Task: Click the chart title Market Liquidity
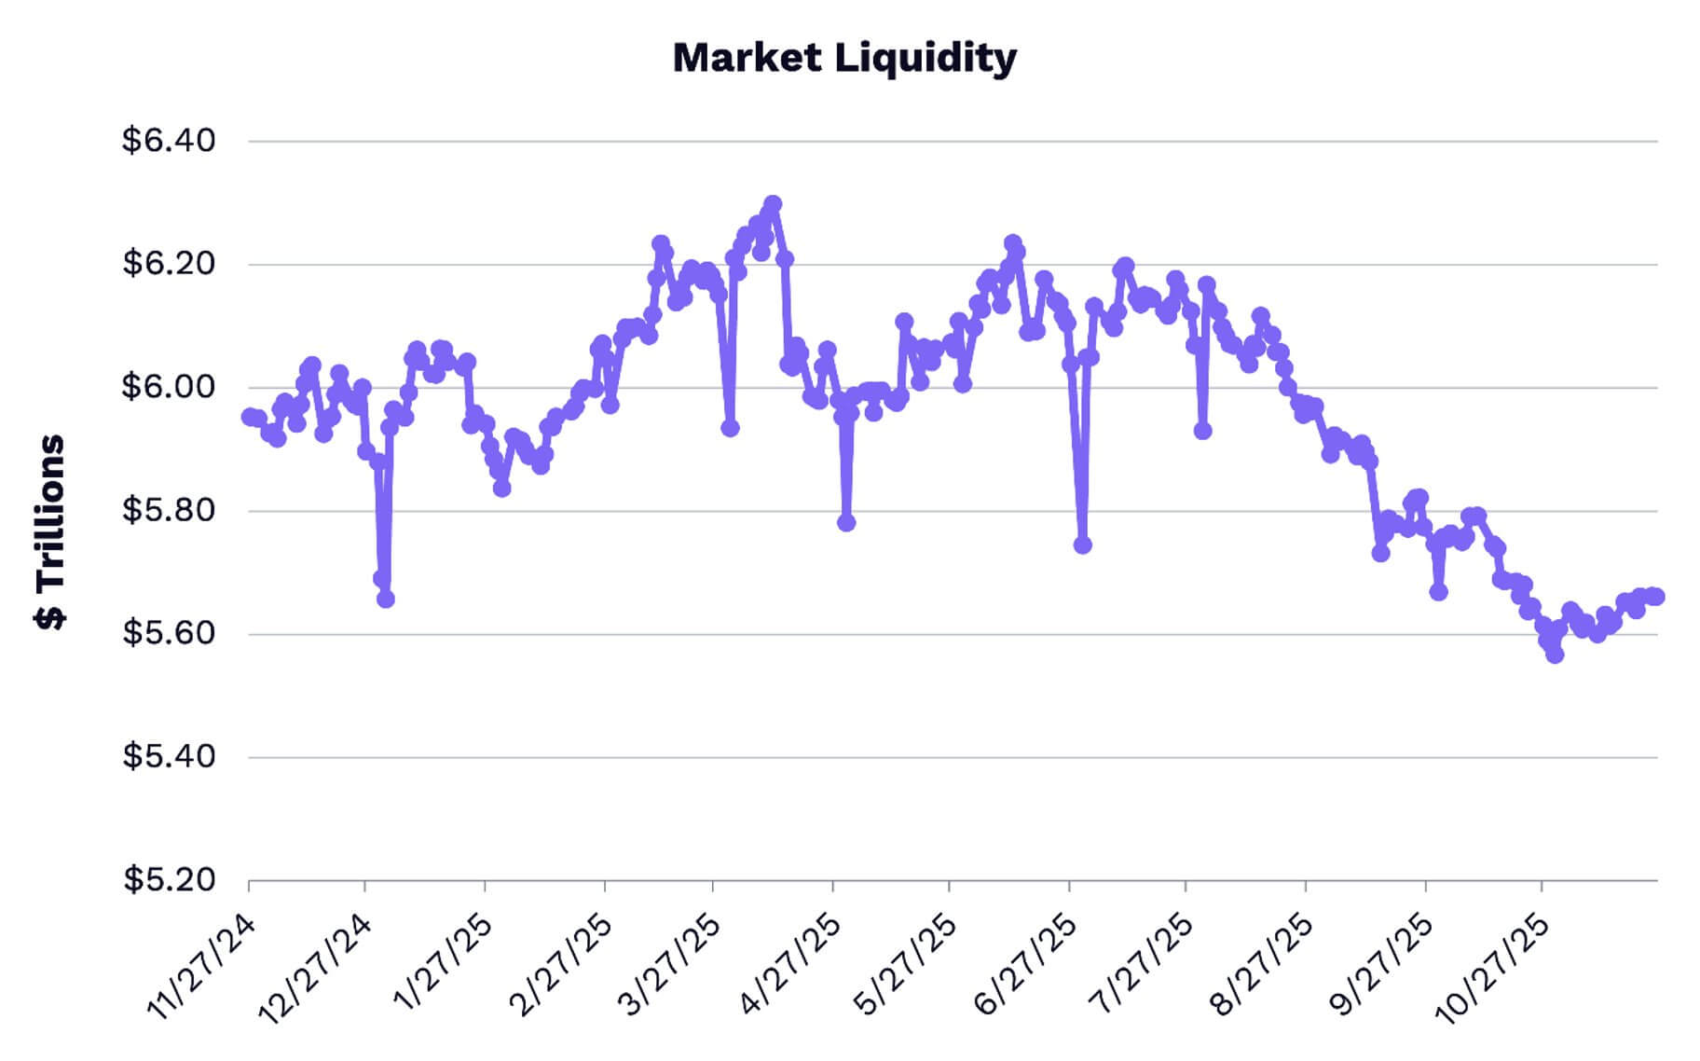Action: pyautogui.click(x=844, y=58)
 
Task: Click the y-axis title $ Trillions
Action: pyautogui.click(x=50, y=532)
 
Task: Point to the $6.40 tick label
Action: pyautogui.click(x=169, y=141)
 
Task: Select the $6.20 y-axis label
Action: pyautogui.click(x=169, y=264)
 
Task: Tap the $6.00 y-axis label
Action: pyautogui.click(x=169, y=387)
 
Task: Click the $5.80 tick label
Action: pyautogui.click(x=169, y=511)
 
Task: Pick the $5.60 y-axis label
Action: pyautogui.click(x=169, y=634)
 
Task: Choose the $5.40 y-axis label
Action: pyautogui.click(x=169, y=757)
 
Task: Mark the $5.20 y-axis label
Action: pyautogui.click(x=169, y=880)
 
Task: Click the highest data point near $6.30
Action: pyautogui.click(x=773, y=203)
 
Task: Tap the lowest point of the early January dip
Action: pyautogui.click(x=386, y=599)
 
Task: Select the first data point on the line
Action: pyautogui.click(x=250, y=416)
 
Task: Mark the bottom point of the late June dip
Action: pyautogui.click(x=1082, y=544)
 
